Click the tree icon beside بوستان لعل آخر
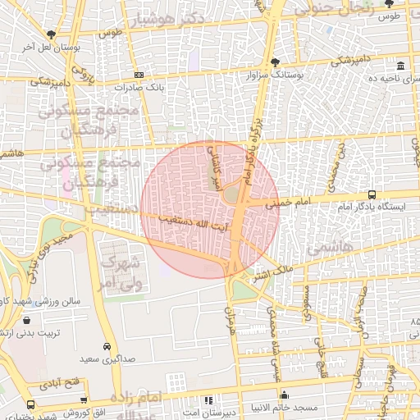point(52,34)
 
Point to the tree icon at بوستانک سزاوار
point(274,62)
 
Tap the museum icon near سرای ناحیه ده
point(400,66)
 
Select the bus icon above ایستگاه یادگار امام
point(372,195)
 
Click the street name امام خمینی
point(288,200)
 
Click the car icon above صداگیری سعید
point(107,346)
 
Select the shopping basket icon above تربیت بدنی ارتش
point(28,321)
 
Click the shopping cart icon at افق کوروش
point(30,404)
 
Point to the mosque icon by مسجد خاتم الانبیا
point(285,395)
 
